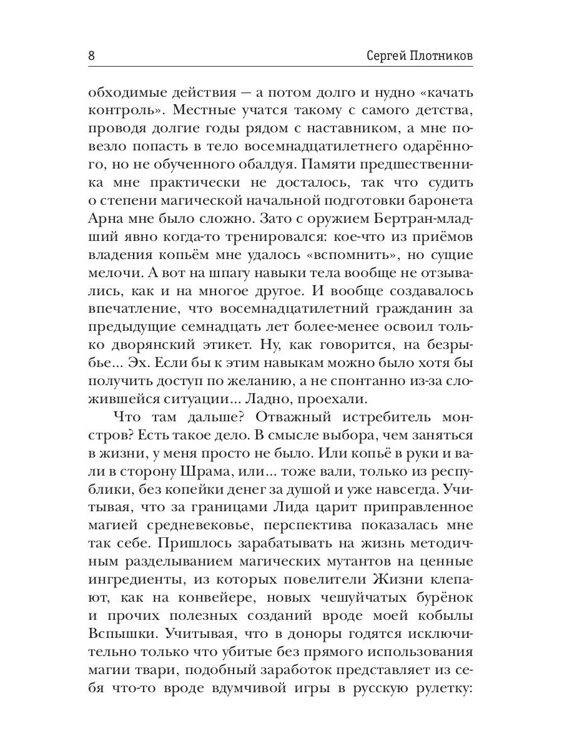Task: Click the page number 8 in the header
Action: click(x=91, y=56)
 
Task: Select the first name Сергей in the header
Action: click(x=383, y=56)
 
